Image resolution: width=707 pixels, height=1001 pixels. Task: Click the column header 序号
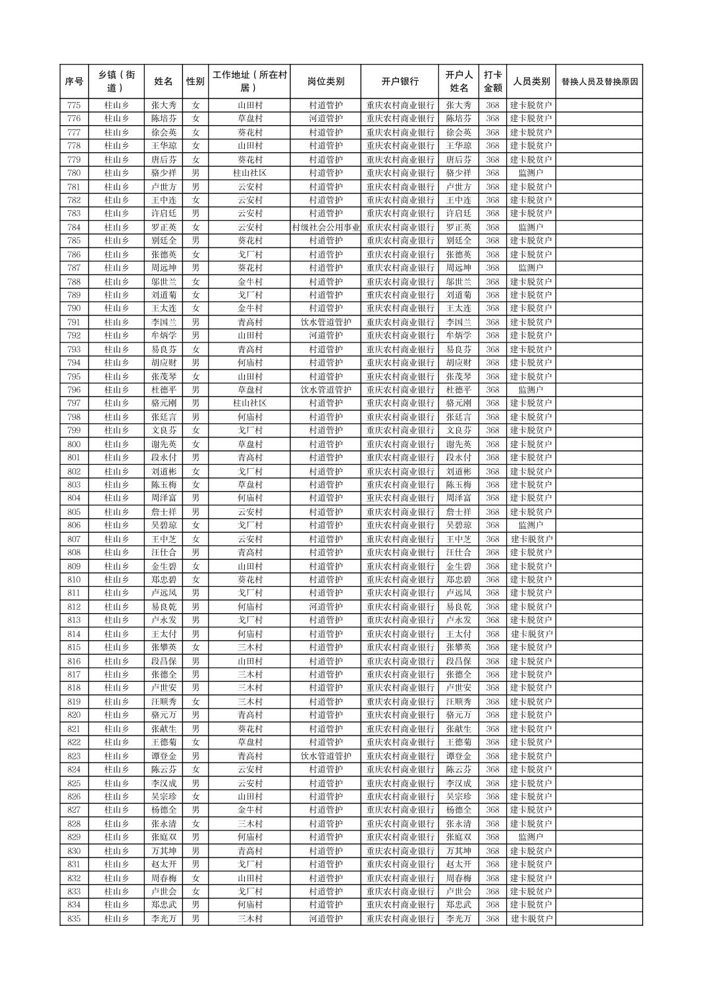pos(74,82)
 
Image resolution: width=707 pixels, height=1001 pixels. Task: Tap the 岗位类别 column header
pos(325,82)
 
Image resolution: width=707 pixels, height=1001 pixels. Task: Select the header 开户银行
pos(400,82)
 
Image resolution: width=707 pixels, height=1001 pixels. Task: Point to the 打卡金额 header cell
pos(492,82)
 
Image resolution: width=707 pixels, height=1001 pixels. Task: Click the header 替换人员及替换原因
pos(599,82)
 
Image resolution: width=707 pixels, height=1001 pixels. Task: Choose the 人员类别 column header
pos(531,82)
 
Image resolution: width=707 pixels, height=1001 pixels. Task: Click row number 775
pos(74,105)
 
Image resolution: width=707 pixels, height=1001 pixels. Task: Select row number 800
pos(74,445)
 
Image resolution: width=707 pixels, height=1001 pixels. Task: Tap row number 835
pos(74,919)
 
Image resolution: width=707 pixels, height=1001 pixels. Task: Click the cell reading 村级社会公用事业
pos(325,227)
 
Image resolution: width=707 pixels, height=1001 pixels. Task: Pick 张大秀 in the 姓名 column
pos(163,105)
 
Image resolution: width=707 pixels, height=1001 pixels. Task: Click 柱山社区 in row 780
pos(249,173)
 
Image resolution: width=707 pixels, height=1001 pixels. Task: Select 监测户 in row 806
pos(531,526)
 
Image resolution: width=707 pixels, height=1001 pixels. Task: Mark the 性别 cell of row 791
pos(196,322)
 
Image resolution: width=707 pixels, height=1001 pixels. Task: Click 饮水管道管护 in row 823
pos(325,756)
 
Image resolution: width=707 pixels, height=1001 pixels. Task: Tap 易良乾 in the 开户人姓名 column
pos(459,607)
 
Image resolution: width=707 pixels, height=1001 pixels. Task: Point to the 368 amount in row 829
pos(492,837)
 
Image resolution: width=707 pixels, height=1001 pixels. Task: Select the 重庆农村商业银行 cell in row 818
pos(400,688)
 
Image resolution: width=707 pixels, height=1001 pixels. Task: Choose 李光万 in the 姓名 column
pos(163,919)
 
